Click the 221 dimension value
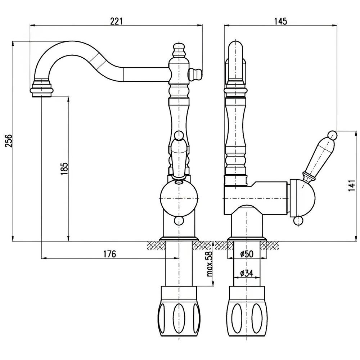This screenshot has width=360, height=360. coord(116,21)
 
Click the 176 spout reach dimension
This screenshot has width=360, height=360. coord(109,254)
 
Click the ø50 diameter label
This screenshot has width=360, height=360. coord(247,254)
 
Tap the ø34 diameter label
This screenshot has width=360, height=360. coord(247,273)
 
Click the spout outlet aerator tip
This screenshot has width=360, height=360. coord(42,90)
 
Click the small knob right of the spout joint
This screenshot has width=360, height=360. coord(196,73)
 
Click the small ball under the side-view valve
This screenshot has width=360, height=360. coord(298,221)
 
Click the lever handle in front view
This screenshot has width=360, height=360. coord(179,155)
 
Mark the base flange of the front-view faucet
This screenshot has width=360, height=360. coord(179,239)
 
